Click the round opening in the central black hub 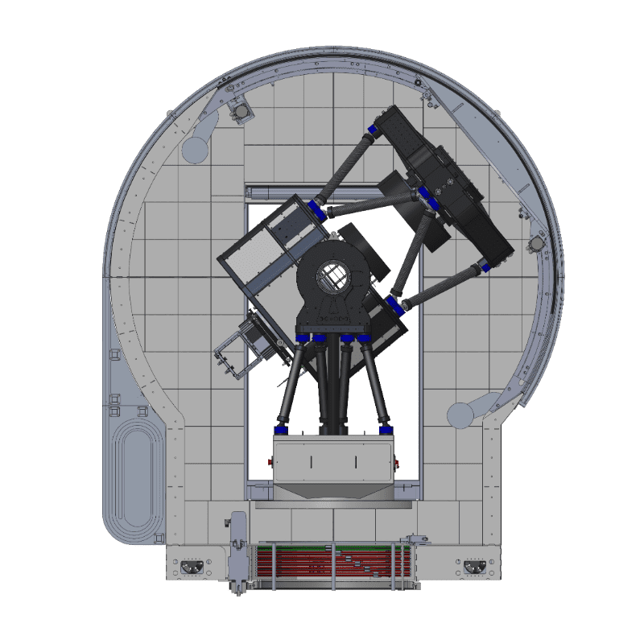(x=332, y=279)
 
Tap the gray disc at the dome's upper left (x=196, y=148)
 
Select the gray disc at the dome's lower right (x=460, y=415)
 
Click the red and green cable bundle (x=334, y=563)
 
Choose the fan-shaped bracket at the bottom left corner (x=193, y=567)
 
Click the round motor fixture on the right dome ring (x=535, y=244)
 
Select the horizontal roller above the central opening (x=274, y=192)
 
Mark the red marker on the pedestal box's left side (x=271, y=463)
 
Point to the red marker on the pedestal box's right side (x=398, y=463)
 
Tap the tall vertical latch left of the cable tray (x=237, y=555)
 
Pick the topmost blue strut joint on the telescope (x=374, y=129)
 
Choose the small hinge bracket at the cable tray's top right (x=416, y=538)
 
